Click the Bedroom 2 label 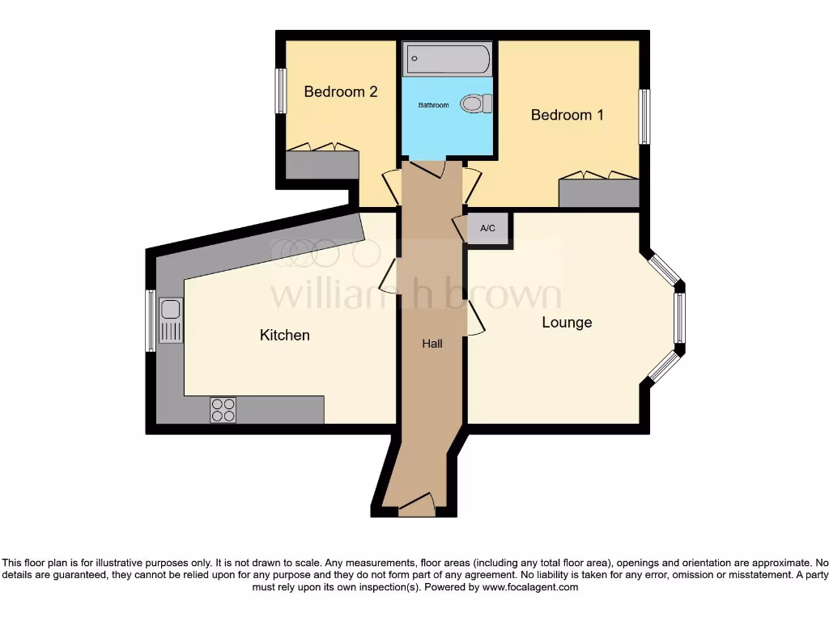[x=340, y=91]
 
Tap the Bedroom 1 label [x=567, y=115]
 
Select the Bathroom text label [x=433, y=105]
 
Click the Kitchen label [x=284, y=335]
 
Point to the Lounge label [x=567, y=323]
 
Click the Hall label [x=432, y=344]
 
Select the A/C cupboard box [x=488, y=229]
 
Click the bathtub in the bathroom [x=448, y=59]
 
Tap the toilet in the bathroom [x=476, y=103]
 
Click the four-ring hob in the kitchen [x=223, y=410]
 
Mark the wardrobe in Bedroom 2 [x=322, y=164]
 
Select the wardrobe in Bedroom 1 [x=599, y=192]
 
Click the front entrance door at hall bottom [x=417, y=505]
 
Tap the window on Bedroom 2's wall [x=281, y=91]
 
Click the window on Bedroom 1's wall [x=644, y=116]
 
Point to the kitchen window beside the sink [x=150, y=321]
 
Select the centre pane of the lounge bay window [x=679, y=318]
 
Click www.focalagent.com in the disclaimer [x=530, y=587]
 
